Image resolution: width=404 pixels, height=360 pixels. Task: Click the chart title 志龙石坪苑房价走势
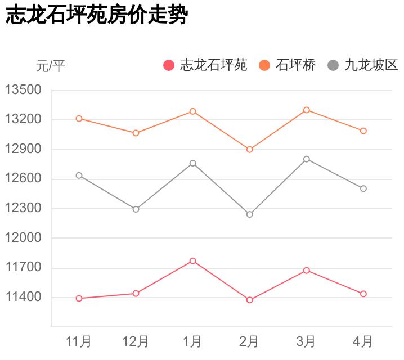tap(96, 16)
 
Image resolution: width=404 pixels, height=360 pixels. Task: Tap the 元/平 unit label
tap(51, 66)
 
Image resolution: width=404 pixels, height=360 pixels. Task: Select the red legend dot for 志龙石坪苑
tap(169, 65)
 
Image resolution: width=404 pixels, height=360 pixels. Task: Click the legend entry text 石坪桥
tap(295, 65)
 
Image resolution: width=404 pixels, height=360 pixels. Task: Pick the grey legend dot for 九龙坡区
tap(333, 65)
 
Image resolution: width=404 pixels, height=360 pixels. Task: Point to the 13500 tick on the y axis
tap(23, 90)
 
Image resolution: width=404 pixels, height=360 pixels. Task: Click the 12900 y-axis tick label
tap(23, 149)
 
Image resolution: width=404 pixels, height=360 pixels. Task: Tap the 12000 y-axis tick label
tap(23, 238)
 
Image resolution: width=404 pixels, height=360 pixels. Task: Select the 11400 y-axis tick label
tap(23, 297)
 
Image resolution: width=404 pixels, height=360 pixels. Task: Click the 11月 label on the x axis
tap(79, 341)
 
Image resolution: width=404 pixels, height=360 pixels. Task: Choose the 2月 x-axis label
tap(249, 341)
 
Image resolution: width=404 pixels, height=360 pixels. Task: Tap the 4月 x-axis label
tap(363, 341)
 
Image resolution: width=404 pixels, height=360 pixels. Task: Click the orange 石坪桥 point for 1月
tap(193, 111)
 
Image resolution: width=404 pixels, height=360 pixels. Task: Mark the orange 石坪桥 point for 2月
tap(250, 150)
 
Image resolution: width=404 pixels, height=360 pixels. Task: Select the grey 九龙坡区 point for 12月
tap(136, 209)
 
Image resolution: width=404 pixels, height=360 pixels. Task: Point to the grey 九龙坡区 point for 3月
tap(307, 159)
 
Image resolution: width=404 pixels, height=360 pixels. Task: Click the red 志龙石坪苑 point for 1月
tap(193, 261)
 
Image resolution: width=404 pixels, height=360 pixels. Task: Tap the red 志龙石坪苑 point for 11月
tap(79, 299)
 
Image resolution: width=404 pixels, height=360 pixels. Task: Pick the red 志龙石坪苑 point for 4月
tap(363, 294)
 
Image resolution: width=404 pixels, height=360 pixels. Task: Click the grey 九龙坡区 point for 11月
tap(79, 175)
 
